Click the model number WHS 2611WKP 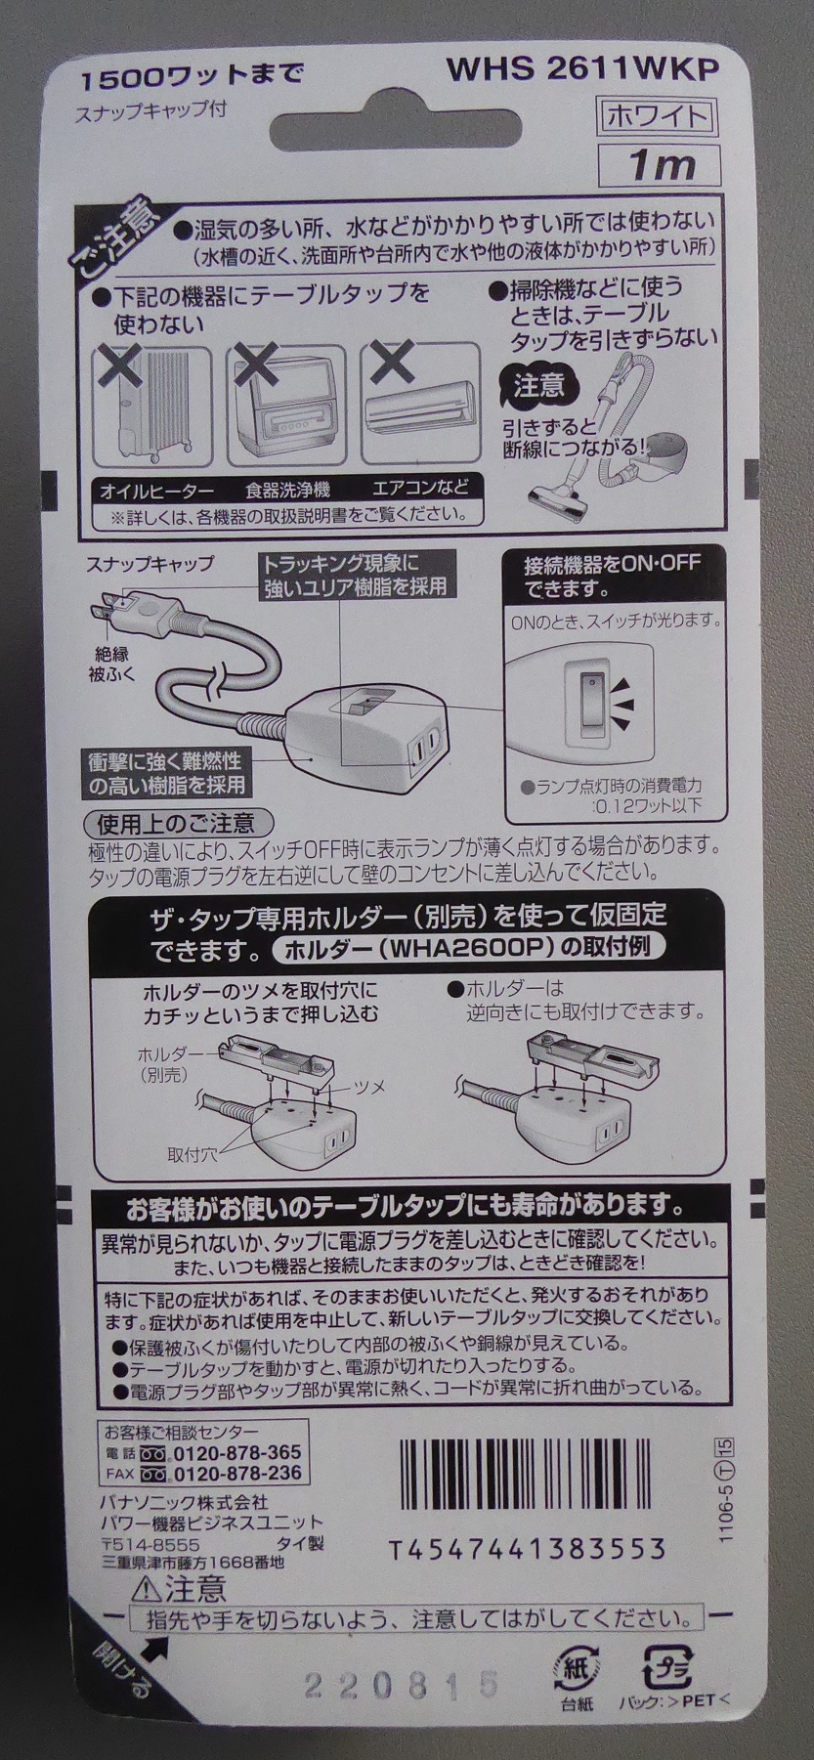[x=582, y=71]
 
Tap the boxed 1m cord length [x=662, y=164]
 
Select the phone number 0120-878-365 [x=236, y=1452]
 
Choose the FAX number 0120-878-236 [x=236, y=1474]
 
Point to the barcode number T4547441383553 [x=528, y=1549]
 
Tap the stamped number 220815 [x=402, y=1684]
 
